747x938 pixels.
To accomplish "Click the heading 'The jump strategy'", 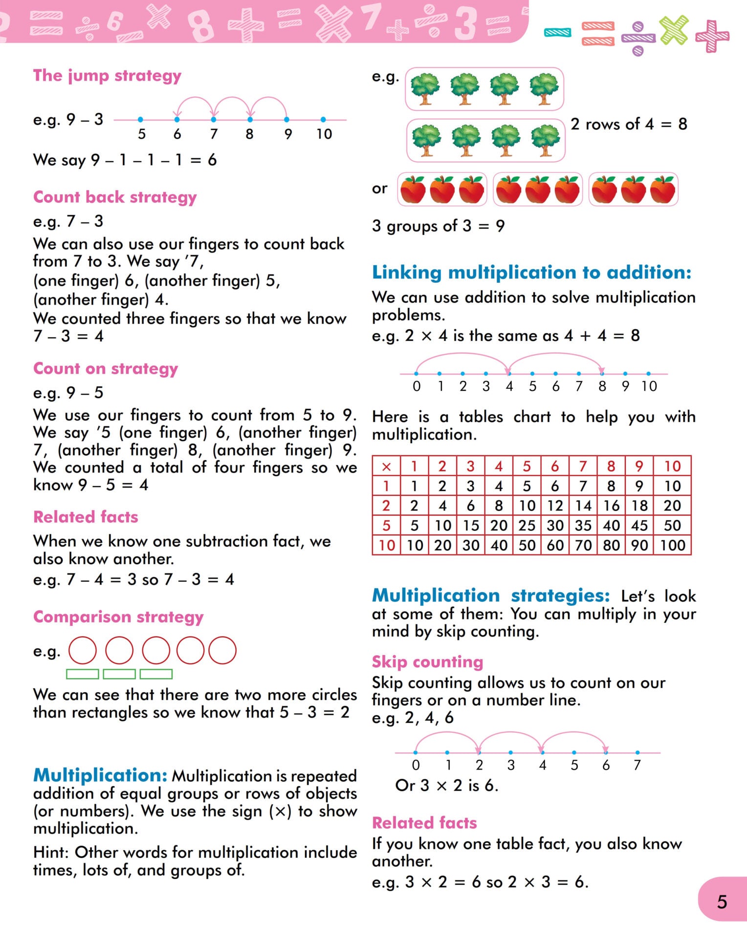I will [x=107, y=76].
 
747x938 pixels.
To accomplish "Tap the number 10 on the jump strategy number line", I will [x=324, y=134].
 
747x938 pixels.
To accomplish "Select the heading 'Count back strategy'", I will [x=115, y=197].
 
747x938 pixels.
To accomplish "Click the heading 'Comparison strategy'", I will [x=118, y=617].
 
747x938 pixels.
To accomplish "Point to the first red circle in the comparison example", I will [x=83, y=650].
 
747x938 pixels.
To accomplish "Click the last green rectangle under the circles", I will [x=156, y=674].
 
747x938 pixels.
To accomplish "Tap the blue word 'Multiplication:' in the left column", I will [x=100, y=775].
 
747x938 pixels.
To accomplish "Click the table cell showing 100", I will [x=673, y=545].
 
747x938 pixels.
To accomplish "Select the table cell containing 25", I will [x=527, y=526].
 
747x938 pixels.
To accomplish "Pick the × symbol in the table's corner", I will [x=386, y=467].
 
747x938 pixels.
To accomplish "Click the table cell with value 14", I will [x=583, y=506].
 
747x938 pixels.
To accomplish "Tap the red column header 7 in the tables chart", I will [x=583, y=467].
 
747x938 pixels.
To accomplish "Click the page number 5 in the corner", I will [x=722, y=902].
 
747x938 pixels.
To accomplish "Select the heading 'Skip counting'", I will [x=427, y=661].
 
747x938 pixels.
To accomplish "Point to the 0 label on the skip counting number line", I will [x=416, y=765].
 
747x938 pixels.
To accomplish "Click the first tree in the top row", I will [x=425, y=88].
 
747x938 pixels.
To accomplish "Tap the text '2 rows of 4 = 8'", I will [x=629, y=124].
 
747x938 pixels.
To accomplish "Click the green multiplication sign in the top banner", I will [x=674, y=30].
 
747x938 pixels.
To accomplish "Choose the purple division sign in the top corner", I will [x=638, y=39].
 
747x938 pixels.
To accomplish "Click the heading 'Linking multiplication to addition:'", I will [x=531, y=272].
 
